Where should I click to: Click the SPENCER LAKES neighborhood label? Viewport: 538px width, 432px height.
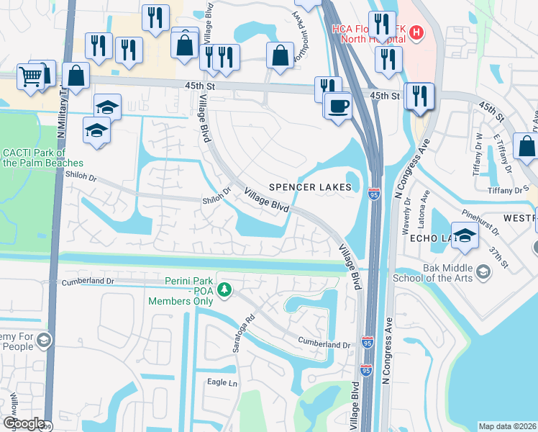click(310, 187)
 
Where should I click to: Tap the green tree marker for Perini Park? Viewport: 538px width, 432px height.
click(225, 289)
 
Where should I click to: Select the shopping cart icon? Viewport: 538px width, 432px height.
click(30, 76)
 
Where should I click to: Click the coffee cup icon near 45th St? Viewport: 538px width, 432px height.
click(337, 106)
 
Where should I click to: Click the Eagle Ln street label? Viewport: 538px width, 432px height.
click(222, 382)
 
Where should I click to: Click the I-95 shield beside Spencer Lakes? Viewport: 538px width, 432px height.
click(374, 194)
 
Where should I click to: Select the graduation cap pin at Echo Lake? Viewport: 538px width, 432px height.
click(465, 236)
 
